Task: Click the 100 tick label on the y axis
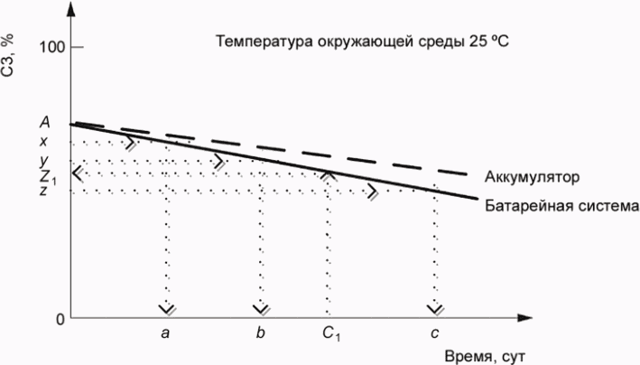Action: (x=51, y=47)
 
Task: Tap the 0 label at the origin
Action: (x=60, y=319)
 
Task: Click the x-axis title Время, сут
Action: (x=484, y=356)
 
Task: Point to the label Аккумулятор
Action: (x=532, y=177)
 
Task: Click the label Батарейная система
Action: (x=562, y=206)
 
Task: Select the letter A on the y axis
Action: (x=44, y=122)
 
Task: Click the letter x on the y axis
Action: (x=43, y=142)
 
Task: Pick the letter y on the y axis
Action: (x=44, y=161)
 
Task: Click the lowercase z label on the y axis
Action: (x=43, y=191)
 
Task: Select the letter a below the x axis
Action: (x=165, y=334)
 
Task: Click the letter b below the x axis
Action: (x=260, y=332)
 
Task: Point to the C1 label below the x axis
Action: (x=331, y=334)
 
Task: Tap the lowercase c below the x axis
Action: (x=435, y=334)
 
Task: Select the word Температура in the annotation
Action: (x=265, y=42)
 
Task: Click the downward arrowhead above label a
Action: (x=166, y=310)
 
